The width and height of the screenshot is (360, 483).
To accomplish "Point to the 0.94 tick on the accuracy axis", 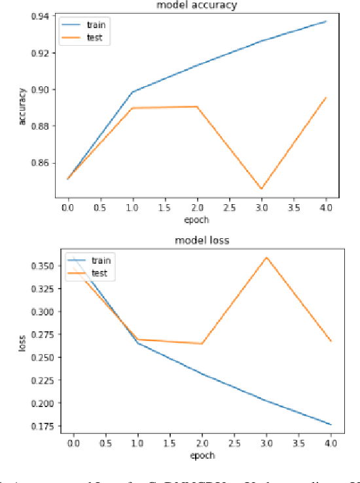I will (x=40, y=16).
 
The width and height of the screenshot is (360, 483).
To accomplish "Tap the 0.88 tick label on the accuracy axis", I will (x=40, y=126).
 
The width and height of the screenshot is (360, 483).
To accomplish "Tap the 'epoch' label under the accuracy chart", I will (x=198, y=220).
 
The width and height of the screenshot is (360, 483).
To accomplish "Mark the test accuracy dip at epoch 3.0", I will (x=262, y=188).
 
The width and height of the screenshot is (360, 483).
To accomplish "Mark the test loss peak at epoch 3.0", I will (x=266, y=257).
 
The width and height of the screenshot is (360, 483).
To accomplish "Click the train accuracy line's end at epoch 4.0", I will (x=325, y=21).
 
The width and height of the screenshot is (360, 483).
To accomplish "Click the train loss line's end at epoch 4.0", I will (x=331, y=425).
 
